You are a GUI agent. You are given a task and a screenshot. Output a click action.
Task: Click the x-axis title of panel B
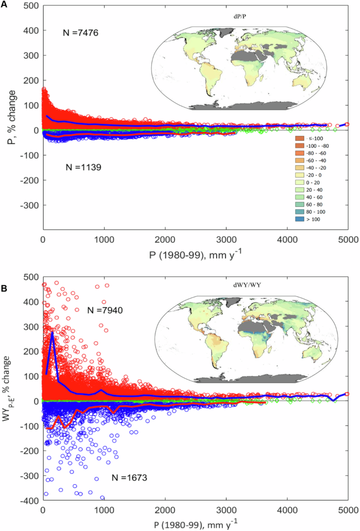point(196,525)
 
